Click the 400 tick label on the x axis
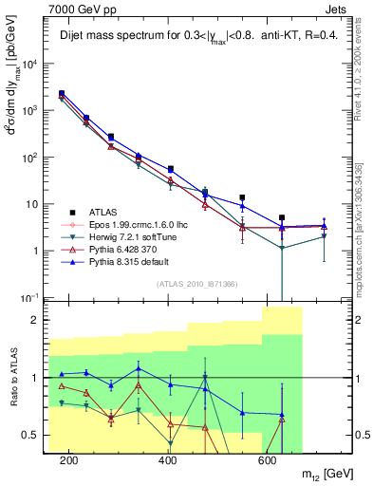[x=168, y=460]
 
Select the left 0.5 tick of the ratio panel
[x=34, y=436]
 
